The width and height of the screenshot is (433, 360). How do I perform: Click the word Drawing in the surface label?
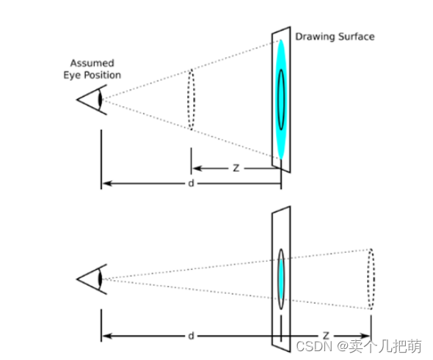pyautogui.click(x=315, y=37)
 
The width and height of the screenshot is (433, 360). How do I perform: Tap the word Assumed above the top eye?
pyautogui.click(x=92, y=63)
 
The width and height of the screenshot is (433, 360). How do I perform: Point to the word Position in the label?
pyautogui.click(x=103, y=75)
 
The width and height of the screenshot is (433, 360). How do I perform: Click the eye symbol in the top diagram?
pyautogui.click(x=92, y=100)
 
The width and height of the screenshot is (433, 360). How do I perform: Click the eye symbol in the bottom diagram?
pyautogui.click(x=92, y=279)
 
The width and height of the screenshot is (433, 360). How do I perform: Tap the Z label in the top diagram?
pyautogui.click(x=236, y=168)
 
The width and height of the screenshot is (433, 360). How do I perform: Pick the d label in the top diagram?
pyautogui.click(x=191, y=183)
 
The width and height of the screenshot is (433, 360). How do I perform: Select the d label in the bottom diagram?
pyautogui.click(x=191, y=336)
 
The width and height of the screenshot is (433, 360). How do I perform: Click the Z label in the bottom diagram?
pyautogui.click(x=326, y=336)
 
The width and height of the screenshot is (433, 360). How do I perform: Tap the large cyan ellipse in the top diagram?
pyautogui.click(x=281, y=100)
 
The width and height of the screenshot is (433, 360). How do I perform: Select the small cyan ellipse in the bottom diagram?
pyautogui.click(x=281, y=279)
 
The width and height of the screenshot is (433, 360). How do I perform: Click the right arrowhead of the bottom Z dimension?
pyautogui.click(x=365, y=336)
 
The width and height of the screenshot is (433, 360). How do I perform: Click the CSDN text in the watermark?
pyautogui.click(x=314, y=347)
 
